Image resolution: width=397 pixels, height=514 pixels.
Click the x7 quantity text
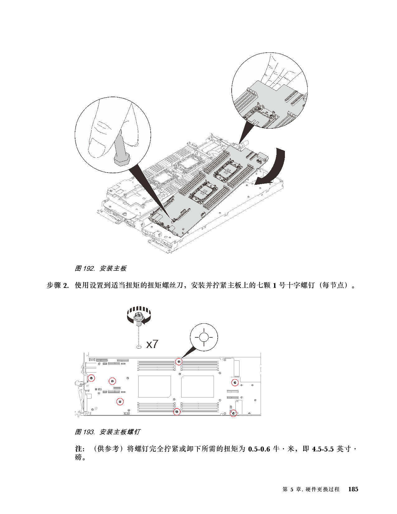[x=152, y=344]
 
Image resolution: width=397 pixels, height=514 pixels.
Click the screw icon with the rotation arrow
[x=139, y=317]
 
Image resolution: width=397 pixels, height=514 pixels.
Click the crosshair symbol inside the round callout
[x=204, y=337]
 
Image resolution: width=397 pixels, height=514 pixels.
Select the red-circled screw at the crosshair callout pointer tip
[x=179, y=361]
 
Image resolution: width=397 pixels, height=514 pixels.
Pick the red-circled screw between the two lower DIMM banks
[x=177, y=412]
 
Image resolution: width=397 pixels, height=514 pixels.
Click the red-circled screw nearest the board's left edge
[x=91, y=378]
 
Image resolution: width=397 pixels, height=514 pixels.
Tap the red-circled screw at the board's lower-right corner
[x=233, y=413]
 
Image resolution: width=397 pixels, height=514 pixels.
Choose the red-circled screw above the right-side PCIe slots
[x=235, y=382]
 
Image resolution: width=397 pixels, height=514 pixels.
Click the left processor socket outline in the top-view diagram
[x=154, y=386]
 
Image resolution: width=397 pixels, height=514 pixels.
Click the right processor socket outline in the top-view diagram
[x=197, y=386]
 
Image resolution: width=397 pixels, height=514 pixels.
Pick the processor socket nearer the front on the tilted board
[x=202, y=193]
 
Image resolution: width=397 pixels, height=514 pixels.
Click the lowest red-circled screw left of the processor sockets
[x=120, y=402]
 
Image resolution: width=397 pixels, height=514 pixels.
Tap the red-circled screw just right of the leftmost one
[x=112, y=381]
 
